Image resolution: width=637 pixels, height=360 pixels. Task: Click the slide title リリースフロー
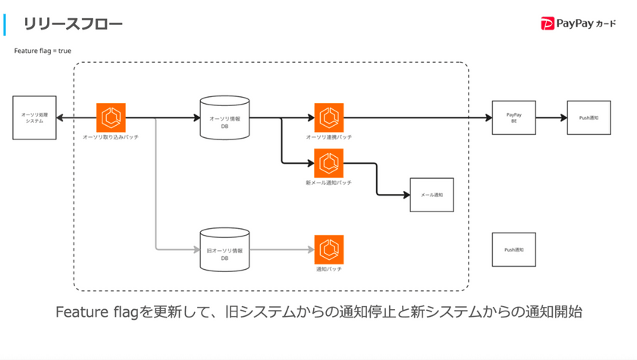coord(73,24)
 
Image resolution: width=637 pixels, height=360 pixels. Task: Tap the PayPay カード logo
coord(579,24)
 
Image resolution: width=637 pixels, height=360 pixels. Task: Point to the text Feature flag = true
coord(42,51)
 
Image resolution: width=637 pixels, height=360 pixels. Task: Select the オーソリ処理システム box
coord(34,117)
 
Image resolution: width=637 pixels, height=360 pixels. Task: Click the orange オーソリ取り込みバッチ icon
coord(111,117)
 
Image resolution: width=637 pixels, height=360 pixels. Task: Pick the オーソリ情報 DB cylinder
coord(224,117)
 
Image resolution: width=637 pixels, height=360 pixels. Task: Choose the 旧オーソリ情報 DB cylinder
coord(224,249)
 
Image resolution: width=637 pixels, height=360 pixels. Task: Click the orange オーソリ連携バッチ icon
coord(328,117)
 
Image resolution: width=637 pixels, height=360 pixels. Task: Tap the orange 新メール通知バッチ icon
coord(328,163)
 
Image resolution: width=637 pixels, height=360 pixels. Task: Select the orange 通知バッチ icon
coord(328,249)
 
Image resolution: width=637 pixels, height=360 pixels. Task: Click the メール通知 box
coord(431,195)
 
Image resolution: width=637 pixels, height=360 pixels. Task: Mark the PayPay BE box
coord(513,117)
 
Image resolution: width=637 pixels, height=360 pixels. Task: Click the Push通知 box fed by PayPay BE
coord(588,117)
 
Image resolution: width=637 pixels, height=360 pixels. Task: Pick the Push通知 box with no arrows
coord(513,249)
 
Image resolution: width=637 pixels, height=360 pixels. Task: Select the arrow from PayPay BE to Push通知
coord(551,117)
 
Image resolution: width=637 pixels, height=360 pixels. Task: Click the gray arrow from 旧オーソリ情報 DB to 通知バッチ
coord(281,249)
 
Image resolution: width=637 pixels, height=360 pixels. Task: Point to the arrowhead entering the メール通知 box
coord(406,195)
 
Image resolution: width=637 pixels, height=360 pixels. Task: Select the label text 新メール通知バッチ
coord(328,183)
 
